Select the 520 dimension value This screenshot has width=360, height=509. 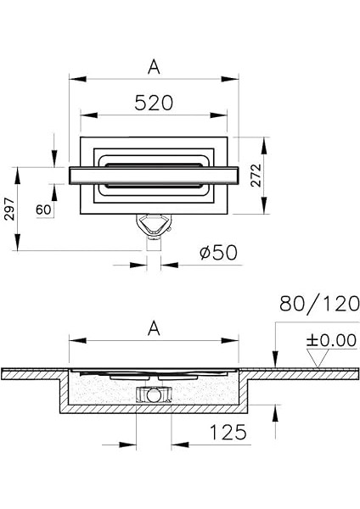154,103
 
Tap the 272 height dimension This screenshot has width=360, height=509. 278,176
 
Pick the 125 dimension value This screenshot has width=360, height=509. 228,432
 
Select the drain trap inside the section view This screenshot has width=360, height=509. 154,393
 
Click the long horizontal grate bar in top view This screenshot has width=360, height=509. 154,173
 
